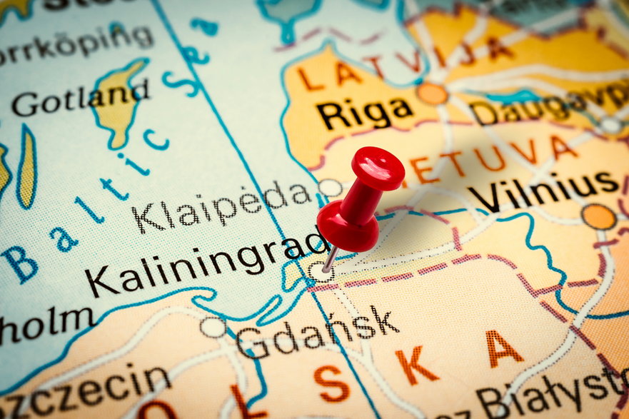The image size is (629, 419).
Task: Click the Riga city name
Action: (x=364, y=113)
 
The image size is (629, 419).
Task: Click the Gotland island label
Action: (x=81, y=99)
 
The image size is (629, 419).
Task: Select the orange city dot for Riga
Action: (x=432, y=94)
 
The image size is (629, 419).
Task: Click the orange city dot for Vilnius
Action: (x=598, y=216)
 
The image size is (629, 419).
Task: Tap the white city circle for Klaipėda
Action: (x=329, y=188)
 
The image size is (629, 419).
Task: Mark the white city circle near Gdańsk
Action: (x=213, y=328)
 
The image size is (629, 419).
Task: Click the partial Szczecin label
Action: (x=86, y=386)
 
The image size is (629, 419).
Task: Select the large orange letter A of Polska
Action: (x=504, y=349)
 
